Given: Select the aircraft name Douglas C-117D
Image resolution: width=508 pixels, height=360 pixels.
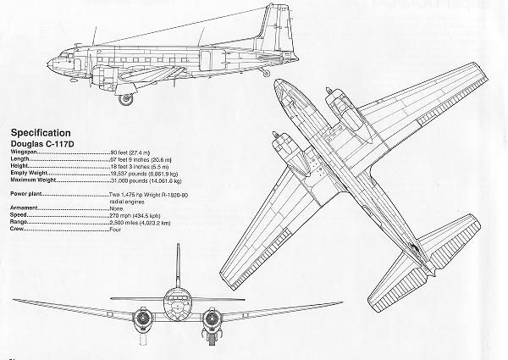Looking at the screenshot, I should pyautogui.click(x=42, y=143).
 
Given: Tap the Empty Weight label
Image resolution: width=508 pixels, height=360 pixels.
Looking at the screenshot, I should pyautogui.click(x=30, y=174).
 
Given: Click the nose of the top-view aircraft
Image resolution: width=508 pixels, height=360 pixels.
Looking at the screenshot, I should pyautogui.click(x=282, y=86).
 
